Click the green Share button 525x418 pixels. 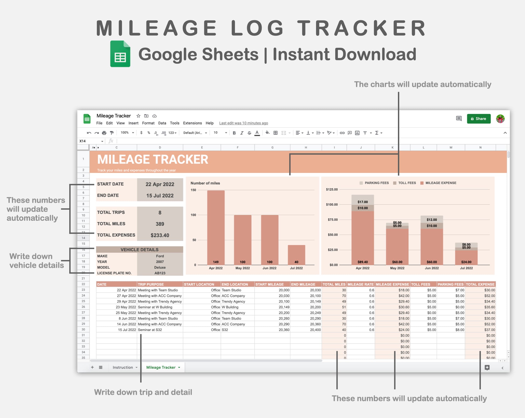tap(479, 119)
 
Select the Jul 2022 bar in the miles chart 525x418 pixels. tap(296, 255)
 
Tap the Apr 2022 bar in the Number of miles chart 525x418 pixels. tap(216, 227)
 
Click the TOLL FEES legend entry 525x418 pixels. tap(404, 183)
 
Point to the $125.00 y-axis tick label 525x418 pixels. tap(332, 189)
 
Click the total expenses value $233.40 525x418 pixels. tap(160, 235)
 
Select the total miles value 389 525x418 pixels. tap(160, 224)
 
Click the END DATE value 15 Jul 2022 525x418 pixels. tap(160, 196)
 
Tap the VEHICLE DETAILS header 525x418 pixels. tap(139, 250)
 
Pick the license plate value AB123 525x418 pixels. tap(160, 273)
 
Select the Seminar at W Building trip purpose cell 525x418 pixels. tap(155, 307)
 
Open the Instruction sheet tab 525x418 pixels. tap(123, 367)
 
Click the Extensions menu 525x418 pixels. tap(192, 123)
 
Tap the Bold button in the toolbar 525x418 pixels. tap(234, 133)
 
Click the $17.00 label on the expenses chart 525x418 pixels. tap(363, 202)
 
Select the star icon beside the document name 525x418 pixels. tap(138, 116)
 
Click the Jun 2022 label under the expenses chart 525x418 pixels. tap(432, 268)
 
